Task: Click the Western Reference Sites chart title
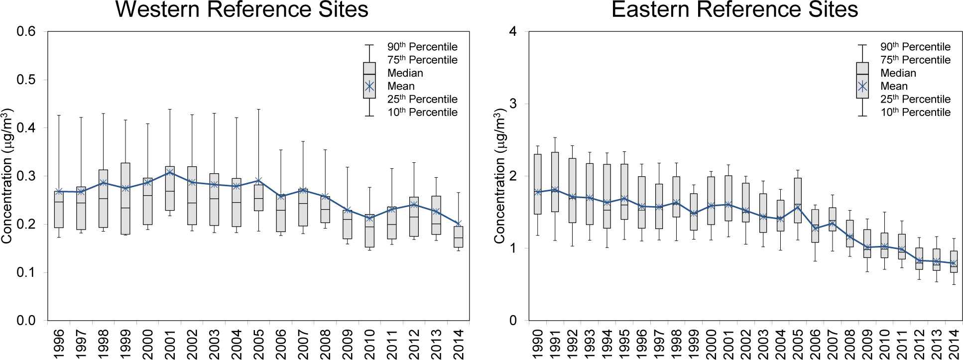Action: (x=241, y=10)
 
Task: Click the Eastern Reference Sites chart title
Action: (x=734, y=10)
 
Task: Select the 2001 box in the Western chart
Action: (x=170, y=188)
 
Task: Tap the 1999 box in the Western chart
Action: (x=125, y=198)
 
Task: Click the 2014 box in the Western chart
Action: (x=459, y=237)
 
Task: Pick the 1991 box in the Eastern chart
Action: (x=555, y=182)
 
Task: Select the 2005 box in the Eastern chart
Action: (x=798, y=200)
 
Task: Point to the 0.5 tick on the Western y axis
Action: (x=26, y=80)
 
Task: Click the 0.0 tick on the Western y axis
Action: (x=26, y=321)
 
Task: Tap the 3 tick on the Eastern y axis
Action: (x=513, y=104)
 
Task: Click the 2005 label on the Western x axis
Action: (x=259, y=344)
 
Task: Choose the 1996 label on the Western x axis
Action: (x=59, y=344)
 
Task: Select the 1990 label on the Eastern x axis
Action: (x=538, y=344)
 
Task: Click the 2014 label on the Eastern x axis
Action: (x=954, y=344)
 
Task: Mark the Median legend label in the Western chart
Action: (x=405, y=73)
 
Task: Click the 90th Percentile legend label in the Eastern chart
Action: (x=915, y=47)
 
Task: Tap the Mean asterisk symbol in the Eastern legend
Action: (x=862, y=87)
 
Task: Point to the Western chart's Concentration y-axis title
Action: (x=7, y=176)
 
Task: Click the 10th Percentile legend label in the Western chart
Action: (x=422, y=113)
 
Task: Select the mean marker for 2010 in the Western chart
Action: (x=369, y=218)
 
